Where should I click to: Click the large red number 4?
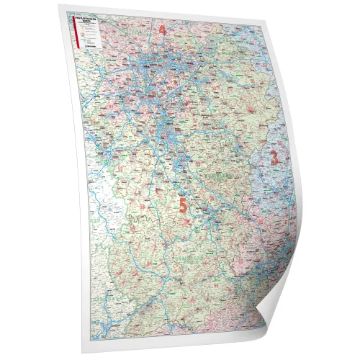point(162,30)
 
